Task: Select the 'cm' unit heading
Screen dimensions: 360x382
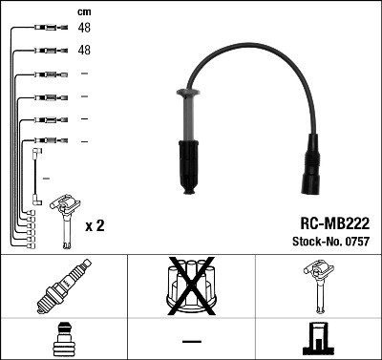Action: point(84,11)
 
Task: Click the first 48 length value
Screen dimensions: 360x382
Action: point(84,29)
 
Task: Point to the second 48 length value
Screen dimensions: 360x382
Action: point(84,51)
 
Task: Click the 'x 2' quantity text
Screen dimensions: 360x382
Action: point(95,225)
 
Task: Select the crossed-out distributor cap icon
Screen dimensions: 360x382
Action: point(192,286)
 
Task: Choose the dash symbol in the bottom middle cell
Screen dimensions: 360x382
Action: point(191,340)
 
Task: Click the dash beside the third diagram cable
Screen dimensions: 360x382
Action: point(84,74)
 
